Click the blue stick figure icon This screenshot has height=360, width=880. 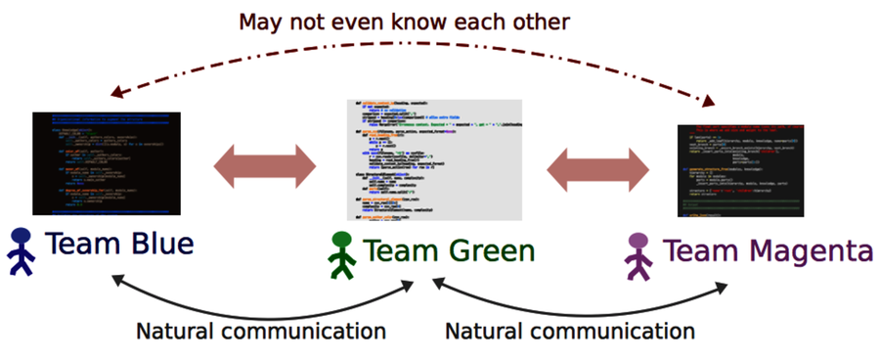pos(21,248)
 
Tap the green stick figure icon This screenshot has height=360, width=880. pos(341,253)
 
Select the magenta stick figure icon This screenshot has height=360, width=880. pos(638,253)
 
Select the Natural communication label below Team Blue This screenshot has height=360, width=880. pos(260,331)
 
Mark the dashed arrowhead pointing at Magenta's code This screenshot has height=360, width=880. pos(711,101)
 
